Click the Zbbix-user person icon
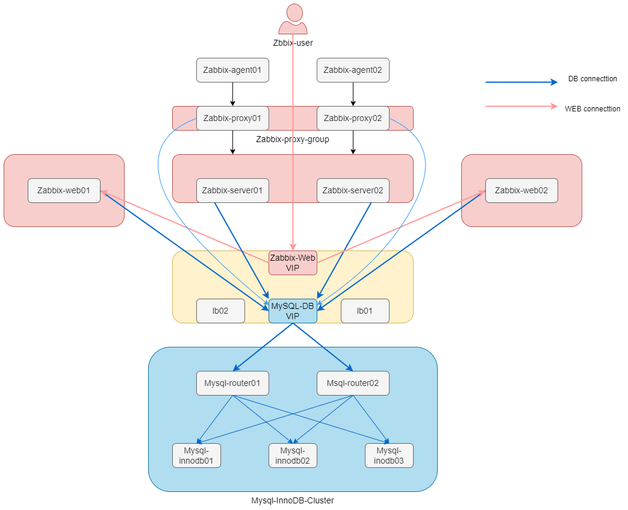[293, 19]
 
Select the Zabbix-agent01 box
[232, 70]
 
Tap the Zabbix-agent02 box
[353, 70]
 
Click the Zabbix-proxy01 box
[232, 118]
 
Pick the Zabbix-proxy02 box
[353, 118]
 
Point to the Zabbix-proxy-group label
[293, 139]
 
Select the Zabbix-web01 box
[64, 190]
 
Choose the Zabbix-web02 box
[521, 190]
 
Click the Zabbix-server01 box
[232, 190]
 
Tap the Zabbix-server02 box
[353, 190]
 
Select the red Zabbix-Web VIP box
[293, 263]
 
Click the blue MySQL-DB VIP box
[293, 311]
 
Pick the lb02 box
[220, 311]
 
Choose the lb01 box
[365, 311]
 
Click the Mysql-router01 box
[232, 383]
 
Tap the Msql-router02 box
[353, 383]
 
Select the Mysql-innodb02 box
[293, 455]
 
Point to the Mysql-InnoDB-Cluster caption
[293, 500]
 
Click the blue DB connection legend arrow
[521, 82]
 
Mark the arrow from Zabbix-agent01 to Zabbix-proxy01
[232, 94]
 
